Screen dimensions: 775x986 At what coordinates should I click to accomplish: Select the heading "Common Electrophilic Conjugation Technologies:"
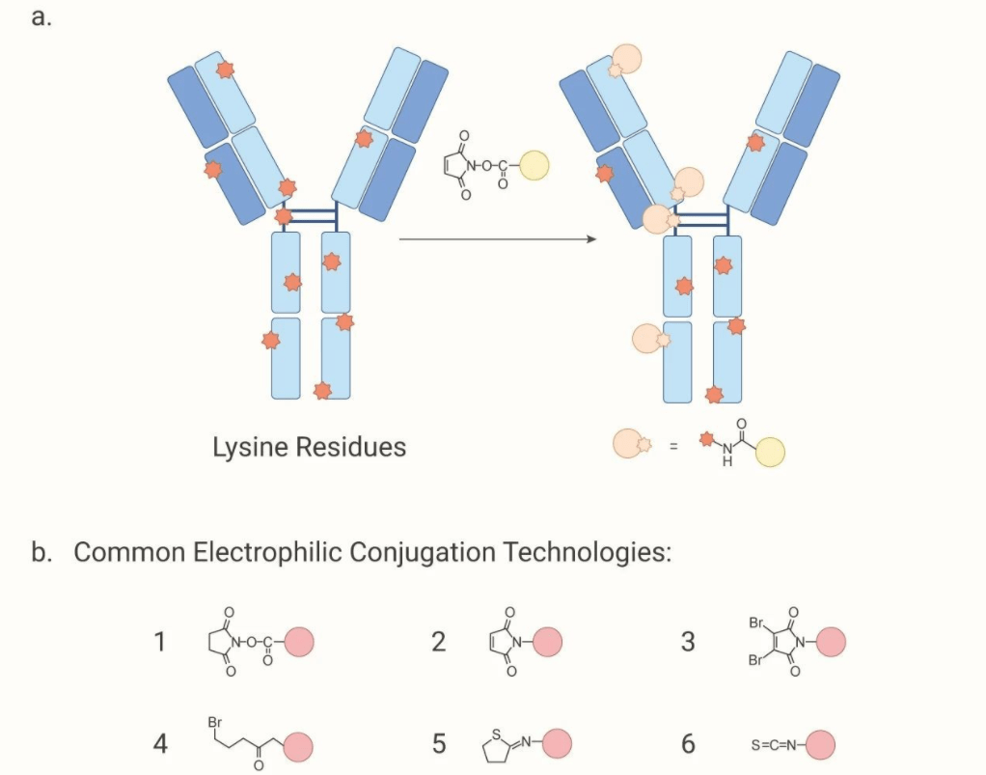tap(371, 553)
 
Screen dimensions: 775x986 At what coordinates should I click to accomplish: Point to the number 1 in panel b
tap(161, 642)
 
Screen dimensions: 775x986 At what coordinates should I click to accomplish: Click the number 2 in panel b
tap(438, 642)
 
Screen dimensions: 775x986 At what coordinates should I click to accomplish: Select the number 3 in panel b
tap(687, 642)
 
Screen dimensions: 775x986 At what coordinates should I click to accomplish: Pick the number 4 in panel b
tap(161, 744)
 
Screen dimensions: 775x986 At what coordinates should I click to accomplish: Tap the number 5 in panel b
tap(438, 744)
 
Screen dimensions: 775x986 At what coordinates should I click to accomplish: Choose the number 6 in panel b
tap(687, 744)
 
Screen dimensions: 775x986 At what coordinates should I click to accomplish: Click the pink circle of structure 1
tap(298, 641)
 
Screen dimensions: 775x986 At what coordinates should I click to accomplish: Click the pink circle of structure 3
tap(832, 641)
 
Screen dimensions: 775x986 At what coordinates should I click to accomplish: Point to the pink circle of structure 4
tap(298, 746)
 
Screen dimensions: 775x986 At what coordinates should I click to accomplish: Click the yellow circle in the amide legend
tap(770, 451)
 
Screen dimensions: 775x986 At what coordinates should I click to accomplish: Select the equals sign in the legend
tap(673, 445)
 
